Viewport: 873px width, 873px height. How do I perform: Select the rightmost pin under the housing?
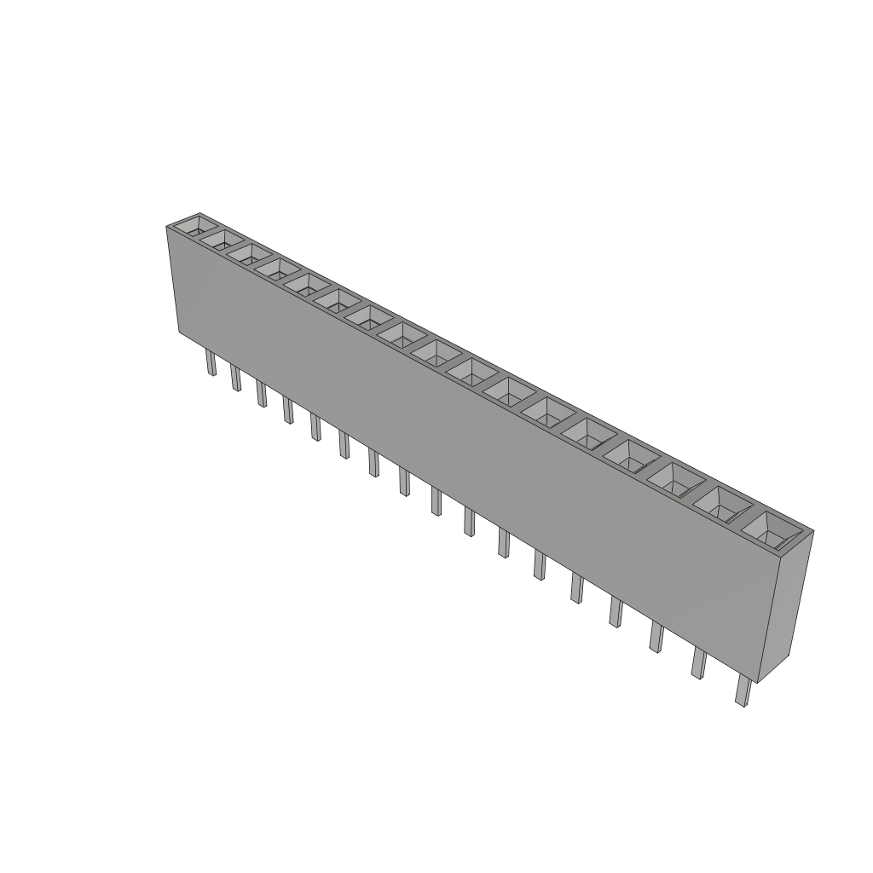pyautogui.click(x=742, y=691)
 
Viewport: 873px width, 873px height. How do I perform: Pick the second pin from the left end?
pyautogui.click(x=235, y=379)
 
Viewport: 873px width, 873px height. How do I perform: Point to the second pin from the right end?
pyautogui.click(x=698, y=663)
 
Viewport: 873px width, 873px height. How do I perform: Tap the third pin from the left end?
pyautogui.click(x=262, y=395)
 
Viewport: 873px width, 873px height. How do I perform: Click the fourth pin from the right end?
pyautogui.click(x=616, y=612)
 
